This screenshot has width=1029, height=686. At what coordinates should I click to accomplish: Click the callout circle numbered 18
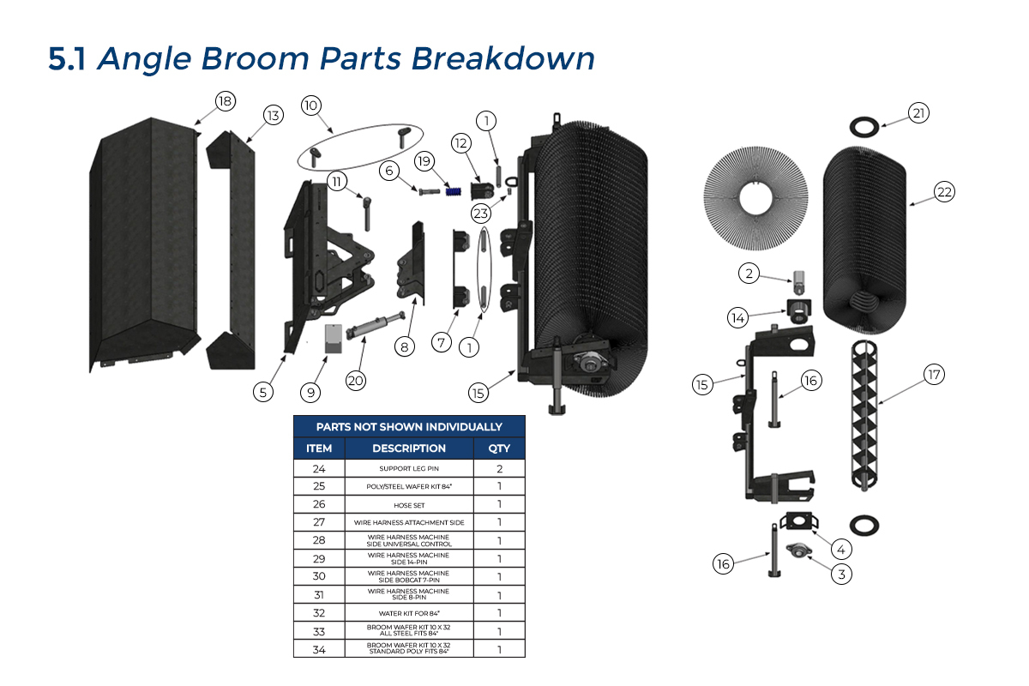point(225,102)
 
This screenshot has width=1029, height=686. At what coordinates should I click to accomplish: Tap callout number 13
point(273,116)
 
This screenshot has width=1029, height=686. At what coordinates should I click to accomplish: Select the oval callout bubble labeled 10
point(310,105)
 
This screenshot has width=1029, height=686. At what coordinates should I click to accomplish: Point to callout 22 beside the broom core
point(944,193)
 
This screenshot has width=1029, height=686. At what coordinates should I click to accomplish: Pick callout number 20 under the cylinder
point(355,380)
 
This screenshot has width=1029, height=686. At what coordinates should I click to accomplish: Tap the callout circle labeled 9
point(310,392)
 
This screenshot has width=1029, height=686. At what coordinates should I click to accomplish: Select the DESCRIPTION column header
point(409,448)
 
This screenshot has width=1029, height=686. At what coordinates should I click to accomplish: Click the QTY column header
point(498,448)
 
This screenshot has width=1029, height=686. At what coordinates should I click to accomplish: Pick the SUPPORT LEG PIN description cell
point(409,469)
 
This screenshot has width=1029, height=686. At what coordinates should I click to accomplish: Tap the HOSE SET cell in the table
point(409,504)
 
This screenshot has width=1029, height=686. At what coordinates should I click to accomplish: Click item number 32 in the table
point(318,613)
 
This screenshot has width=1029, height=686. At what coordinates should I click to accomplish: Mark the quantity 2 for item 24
point(498,469)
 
